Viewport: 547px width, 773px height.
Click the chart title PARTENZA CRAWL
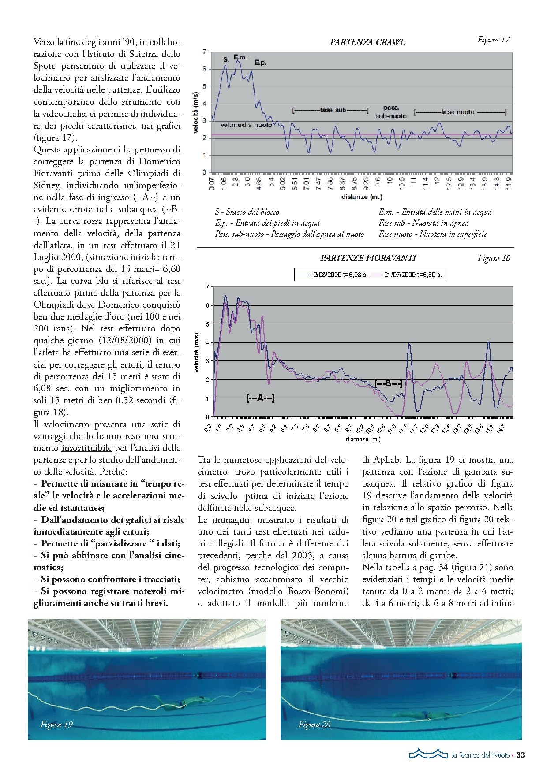(367, 42)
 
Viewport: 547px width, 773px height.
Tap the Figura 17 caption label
(493, 40)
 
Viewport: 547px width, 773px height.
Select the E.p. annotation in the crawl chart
(260, 63)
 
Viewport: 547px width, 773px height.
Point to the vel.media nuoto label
(246, 125)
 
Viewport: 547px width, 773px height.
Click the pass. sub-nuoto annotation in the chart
(391, 112)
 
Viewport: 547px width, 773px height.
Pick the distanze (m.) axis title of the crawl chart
(361, 197)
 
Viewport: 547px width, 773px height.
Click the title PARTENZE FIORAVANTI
(368, 258)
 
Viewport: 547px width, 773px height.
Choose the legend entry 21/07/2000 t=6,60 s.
(407, 275)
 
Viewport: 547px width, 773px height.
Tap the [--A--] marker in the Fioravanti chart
(260, 398)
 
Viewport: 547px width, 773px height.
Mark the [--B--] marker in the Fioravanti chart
(388, 383)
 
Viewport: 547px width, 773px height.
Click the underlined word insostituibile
(86, 448)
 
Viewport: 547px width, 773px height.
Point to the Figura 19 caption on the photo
(56, 724)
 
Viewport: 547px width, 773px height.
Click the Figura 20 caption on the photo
(314, 724)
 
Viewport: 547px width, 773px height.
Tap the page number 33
(521, 755)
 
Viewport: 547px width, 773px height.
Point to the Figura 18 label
(494, 258)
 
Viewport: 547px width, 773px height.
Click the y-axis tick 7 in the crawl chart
(204, 52)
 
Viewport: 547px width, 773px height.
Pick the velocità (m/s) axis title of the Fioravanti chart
(197, 353)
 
